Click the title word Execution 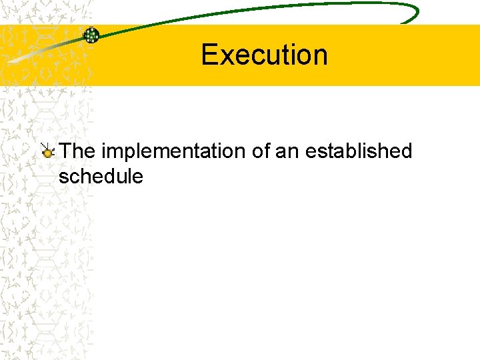(264, 55)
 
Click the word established (359, 151)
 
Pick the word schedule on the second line (101, 177)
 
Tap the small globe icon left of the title (91, 35)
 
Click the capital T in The (66, 151)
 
